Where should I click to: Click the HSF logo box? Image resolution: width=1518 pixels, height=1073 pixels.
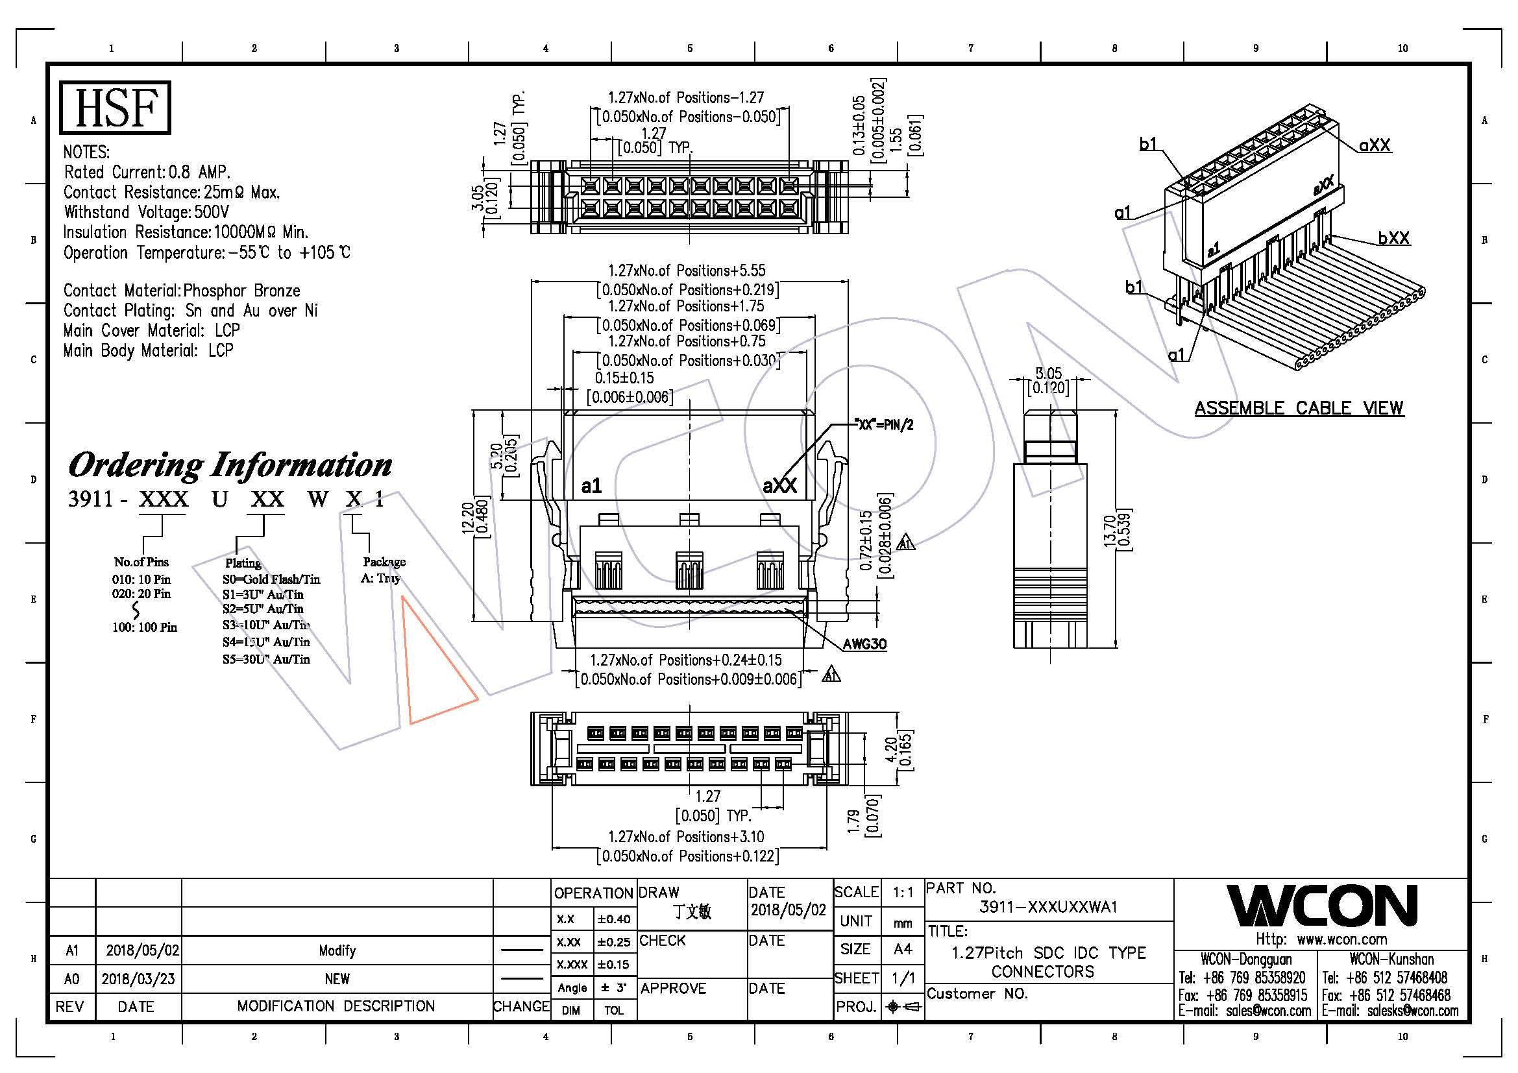pyautogui.click(x=115, y=107)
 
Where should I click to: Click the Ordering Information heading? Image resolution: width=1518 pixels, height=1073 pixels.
pyautogui.click(x=230, y=465)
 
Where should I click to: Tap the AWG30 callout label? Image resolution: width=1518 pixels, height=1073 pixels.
pyautogui.click(x=864, y=644)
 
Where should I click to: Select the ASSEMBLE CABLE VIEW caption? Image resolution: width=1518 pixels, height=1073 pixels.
pyautogui.click(x=1298, y=408)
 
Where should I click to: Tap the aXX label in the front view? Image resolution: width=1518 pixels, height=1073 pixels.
pyautogui.click(x=779, y=487)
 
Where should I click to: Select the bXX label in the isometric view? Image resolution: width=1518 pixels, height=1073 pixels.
pyautogui.click(x=1393, y=238)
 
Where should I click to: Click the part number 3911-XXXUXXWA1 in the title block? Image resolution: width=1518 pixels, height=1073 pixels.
pyautogui.click(x=1048, y=907)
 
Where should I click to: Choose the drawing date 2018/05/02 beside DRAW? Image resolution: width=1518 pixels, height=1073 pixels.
pyautogui.click(x=788, y=910)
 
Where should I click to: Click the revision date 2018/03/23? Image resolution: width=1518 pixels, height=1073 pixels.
pyautogui.click(x=138, y=978)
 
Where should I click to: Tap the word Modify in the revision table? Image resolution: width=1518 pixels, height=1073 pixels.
pyautogui.click(x=337, y=951)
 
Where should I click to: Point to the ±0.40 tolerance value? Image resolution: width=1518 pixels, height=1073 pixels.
pyautogui.click(x=614, y=919)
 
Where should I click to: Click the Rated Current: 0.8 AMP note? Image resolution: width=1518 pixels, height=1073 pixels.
pyautogui.click(x=147, y=173)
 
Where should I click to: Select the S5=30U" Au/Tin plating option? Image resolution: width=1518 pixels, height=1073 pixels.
pyautogui.click(x=266, y=658)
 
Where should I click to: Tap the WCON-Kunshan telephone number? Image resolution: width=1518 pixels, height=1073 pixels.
pyautogui.click(x=1397, y=978)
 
